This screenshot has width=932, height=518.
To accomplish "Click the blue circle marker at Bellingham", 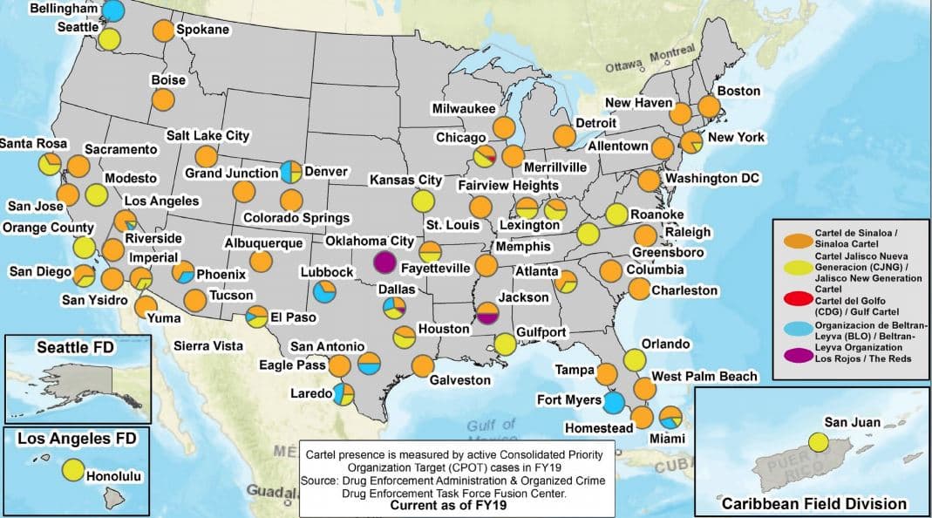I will pos(113,10).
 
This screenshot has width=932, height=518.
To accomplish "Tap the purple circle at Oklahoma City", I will pos(384,261).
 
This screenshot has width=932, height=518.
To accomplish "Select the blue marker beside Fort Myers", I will pos(614,403).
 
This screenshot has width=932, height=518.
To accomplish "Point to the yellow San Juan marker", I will pos(818,441).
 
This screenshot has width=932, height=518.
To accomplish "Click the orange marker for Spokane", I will pos(163,31).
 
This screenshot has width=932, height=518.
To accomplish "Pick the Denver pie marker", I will pos(291,172).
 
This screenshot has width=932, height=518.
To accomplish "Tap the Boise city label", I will pos(168,80).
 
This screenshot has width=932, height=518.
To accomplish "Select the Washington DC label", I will pos(712,178).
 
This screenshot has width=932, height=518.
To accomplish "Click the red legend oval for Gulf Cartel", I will pos(793,300).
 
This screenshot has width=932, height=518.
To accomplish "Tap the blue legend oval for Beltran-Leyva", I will pos(793,326).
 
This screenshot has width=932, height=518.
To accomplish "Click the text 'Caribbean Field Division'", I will pos(813,503).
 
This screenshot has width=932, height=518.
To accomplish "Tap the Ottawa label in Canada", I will pos(624,65).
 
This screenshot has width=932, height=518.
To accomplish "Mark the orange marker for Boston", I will pos(709,106).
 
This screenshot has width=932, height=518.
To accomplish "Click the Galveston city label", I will pos(460,380).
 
